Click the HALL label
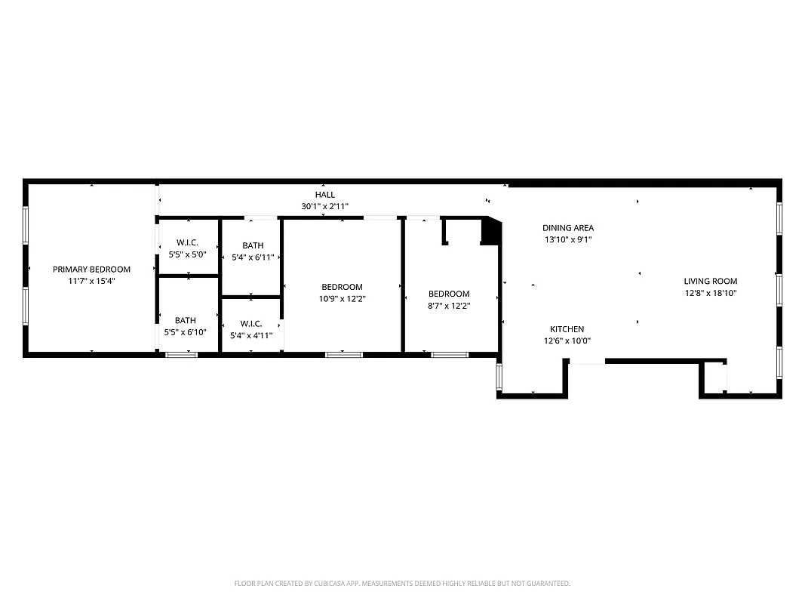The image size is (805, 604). [325, 195]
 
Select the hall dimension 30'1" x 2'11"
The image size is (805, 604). [325, 206]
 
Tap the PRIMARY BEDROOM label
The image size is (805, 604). [91, 270]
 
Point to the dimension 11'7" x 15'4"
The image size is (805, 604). [91, 281]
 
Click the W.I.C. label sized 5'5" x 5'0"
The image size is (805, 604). [187, 243]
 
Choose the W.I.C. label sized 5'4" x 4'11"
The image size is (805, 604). [250, 324]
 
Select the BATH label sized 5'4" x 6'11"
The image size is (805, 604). [253, 246]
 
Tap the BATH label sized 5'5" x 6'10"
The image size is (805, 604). [186, 321]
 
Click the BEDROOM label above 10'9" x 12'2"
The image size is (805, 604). [342, 287]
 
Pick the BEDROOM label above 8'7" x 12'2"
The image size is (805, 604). [449, 294]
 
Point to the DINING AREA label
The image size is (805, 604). [568, 228]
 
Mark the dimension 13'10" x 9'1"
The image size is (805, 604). [568, 239]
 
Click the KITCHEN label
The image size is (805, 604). [567, 329]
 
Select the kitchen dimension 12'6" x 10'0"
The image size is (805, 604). [567, 341]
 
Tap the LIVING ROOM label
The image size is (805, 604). [711, 282]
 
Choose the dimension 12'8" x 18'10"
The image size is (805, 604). [711, 293]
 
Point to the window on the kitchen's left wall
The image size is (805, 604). [498, 377]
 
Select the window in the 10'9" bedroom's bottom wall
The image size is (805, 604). [343, 354]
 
